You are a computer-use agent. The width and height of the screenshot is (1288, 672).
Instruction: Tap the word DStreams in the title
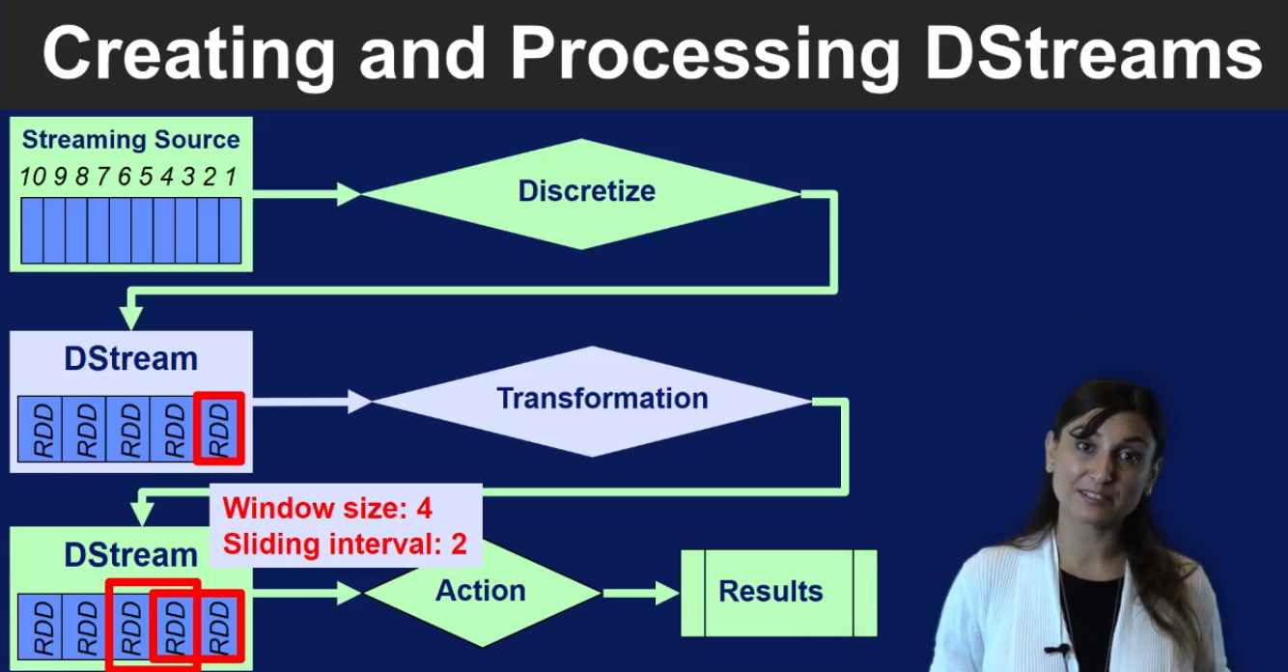pyautogui.click(x=1094, y=53)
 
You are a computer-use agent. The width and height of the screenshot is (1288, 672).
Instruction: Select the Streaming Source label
pyautogui.click(x=130, y=140)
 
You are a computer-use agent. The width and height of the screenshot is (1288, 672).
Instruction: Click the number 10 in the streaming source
pyautogui.click(x=33, y=177)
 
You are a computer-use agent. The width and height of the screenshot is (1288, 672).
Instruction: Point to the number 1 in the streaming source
pyautogui.click(x=231, y=177)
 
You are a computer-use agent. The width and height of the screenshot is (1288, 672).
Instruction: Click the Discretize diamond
pyautogui.click(x=580, y=194)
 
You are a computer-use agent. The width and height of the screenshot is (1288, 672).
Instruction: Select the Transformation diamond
pyautogui.click(x=592, y=402)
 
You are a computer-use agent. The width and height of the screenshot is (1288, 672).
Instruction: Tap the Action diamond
pyautogui.click(x=482, y=592)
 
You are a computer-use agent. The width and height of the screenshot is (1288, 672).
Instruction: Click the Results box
pyautogui.click(x=779, y=593)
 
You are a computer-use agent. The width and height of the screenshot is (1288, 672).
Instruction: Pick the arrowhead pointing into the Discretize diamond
pyautogui.click(x=349, y=194)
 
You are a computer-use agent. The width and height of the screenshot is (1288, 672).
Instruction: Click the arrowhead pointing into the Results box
pyautogui.click(x=668, y=593)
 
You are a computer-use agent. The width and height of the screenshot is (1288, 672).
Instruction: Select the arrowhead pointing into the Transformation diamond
pyautogui.click(x=360, y=402)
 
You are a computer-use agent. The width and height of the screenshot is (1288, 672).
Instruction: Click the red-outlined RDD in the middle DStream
pyautogui.click(x=219, y=429)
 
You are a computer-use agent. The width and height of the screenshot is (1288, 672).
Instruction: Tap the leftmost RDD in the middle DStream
pyautogui.click(x=40, y=429)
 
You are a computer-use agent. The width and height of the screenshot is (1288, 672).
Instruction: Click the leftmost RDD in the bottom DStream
pyautogui.click(x=40, y=627)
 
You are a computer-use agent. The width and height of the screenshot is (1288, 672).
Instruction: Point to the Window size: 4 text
pyautogui.click(x=327, y=508)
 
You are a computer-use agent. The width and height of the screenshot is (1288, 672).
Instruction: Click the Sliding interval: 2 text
pyautogui.click(x=345, y=544)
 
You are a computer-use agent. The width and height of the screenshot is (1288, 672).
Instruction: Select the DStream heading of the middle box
pyautogui.click(x=130, y=359)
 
